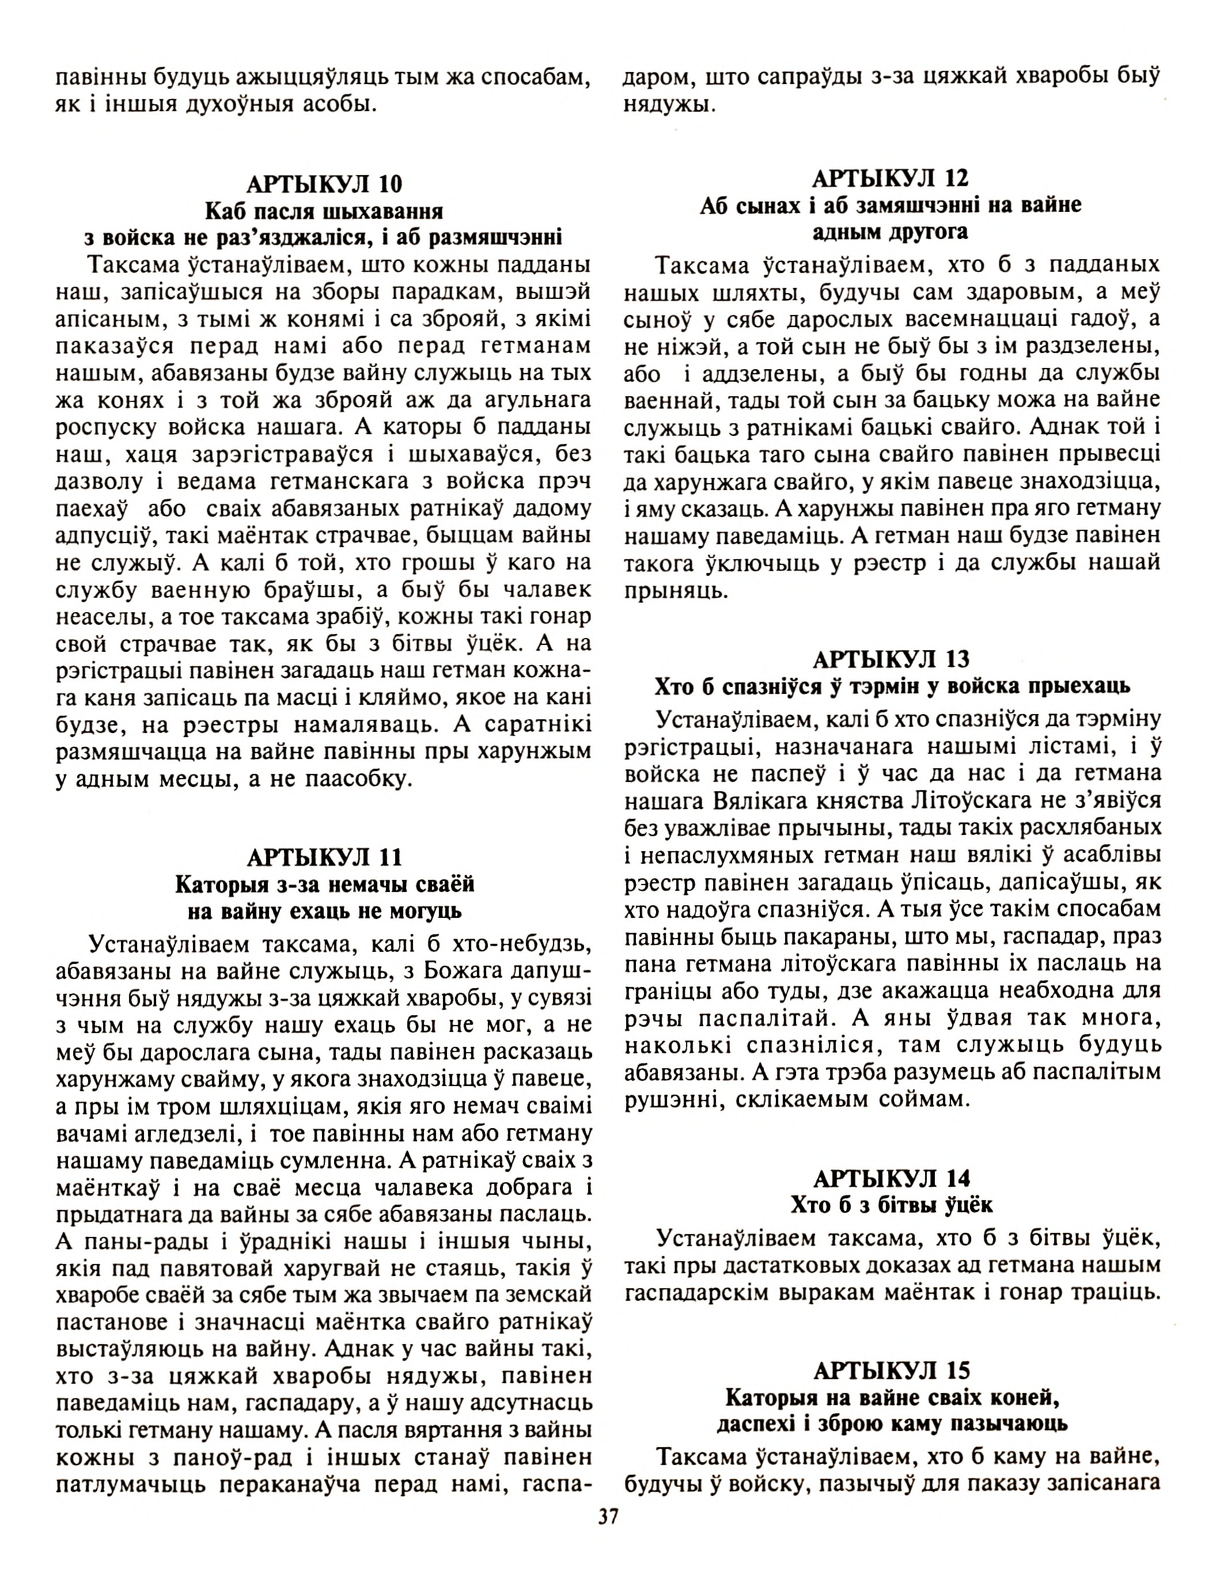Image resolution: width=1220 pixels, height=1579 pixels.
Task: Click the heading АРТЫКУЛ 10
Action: (x=323, y=184)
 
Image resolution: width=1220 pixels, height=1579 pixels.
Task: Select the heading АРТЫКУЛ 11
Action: (x=323, y=858)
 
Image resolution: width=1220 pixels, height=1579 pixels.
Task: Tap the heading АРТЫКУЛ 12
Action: (x=891, y=178)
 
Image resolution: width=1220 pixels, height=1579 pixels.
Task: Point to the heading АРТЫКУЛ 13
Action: (x=891, y=659)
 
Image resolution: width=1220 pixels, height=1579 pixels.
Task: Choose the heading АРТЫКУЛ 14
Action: (x=891, y=1179)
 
